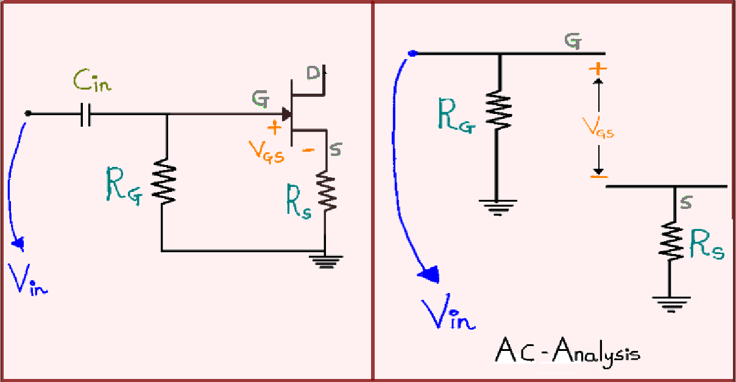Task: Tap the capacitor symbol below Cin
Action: pos(85,114)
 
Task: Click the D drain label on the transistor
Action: pos(314,74)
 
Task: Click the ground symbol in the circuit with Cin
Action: pos(326,260)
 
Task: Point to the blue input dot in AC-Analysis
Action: pos(412,54)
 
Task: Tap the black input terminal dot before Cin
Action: pos(27,113)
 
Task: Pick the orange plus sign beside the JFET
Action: pos(274,127)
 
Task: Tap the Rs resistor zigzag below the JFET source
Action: pos(327,192)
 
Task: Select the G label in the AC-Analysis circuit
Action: pos(572,42)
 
